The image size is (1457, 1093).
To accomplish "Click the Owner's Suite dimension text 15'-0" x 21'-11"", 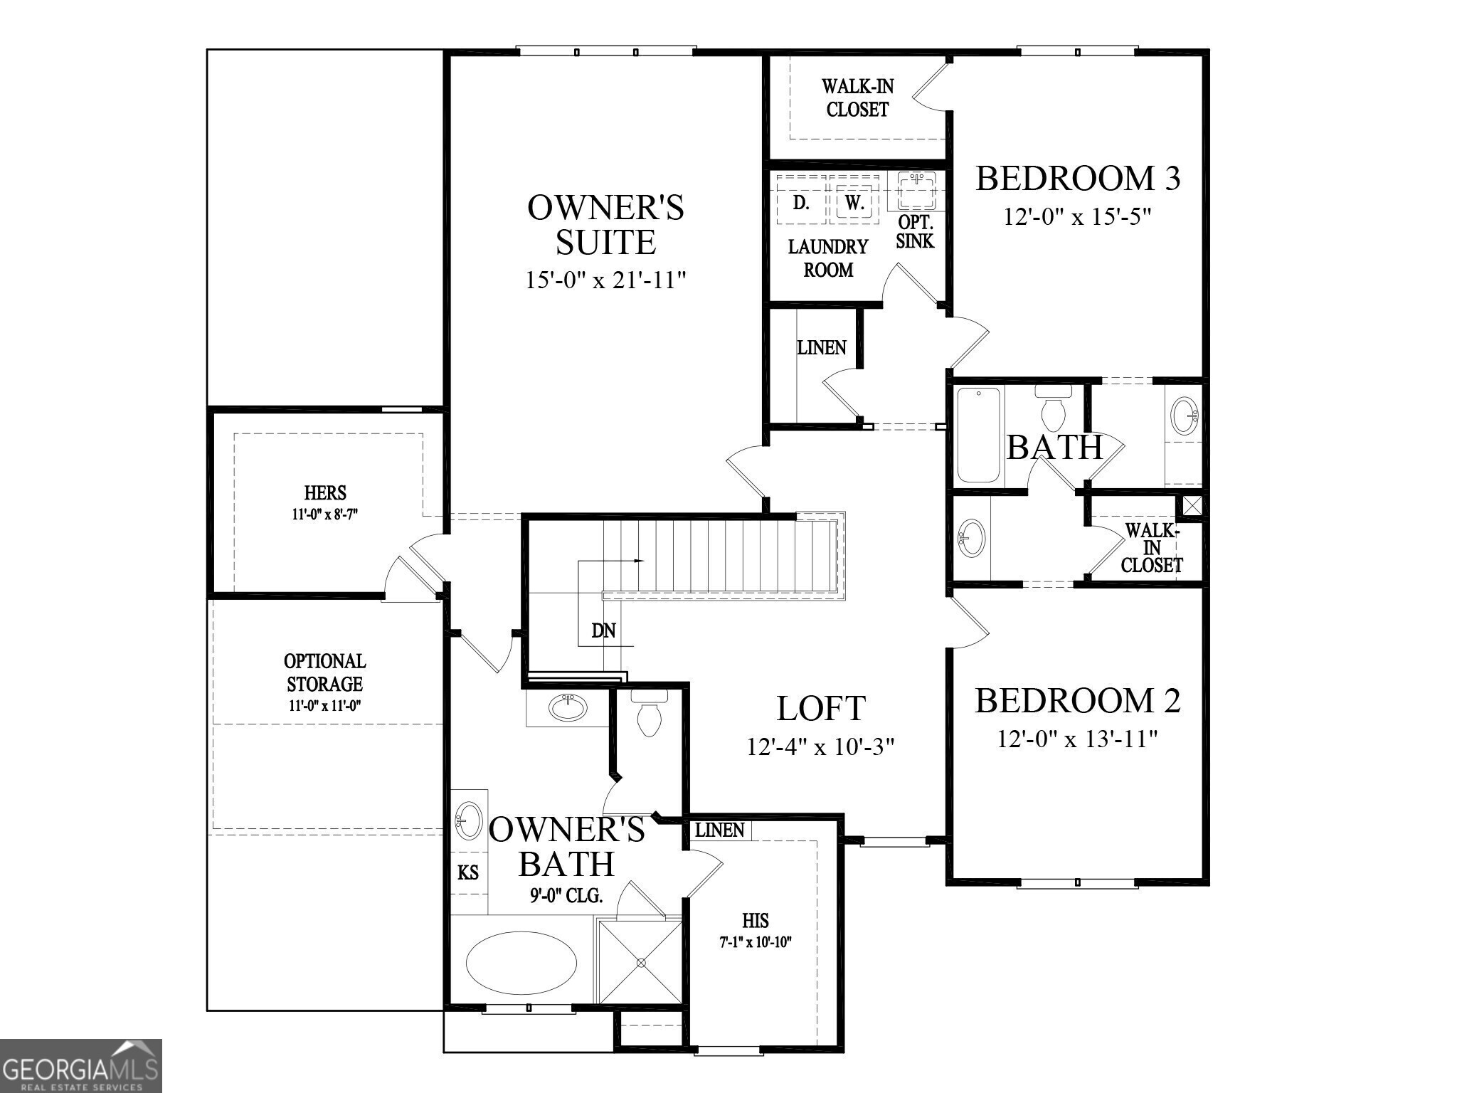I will coord(605,280).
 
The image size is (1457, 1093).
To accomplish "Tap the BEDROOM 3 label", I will coord(1077,178).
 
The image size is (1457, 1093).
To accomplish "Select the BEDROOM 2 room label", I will coord(1077,700).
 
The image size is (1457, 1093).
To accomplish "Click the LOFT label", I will coord(820,708).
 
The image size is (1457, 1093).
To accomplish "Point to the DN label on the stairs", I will coord(603,630).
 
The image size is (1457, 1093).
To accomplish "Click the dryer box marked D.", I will coord(801,202).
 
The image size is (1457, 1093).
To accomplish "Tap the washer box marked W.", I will coord(854,202).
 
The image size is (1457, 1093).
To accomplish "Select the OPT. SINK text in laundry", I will coord(915,231).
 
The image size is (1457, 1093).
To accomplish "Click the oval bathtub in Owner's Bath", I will coord(521,963).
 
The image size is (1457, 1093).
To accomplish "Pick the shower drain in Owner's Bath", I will coord(640,963).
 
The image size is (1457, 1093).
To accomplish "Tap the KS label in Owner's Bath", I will coord(468,872).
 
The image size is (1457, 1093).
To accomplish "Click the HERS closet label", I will coord(325,492).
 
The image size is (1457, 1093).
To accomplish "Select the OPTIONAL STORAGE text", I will coord(325,672).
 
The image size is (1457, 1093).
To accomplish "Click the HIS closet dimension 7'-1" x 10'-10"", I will coord(756,942).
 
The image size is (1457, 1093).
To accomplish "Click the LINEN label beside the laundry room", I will coord(821,348).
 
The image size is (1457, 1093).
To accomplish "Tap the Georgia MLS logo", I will coord(80,1065).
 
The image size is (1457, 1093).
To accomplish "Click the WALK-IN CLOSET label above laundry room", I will coord(857,98).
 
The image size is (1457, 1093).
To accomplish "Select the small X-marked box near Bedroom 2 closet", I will coord(1192,506).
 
